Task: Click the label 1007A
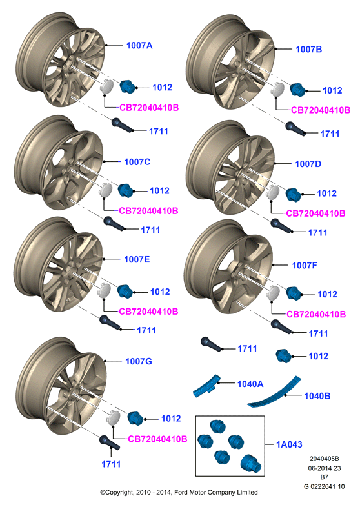tap(139, 45)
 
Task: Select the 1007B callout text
tap(309, 49)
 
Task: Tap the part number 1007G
tap(138, 361)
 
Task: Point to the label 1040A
tap(250, 384)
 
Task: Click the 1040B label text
tap(317, 396)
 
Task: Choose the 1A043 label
tap(289, 444)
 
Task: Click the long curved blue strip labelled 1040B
tap(274, 392)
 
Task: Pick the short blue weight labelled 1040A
tap(206, 386)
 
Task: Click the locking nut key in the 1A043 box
tap(251, 464)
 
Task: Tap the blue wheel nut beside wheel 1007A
tap(128, 86)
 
